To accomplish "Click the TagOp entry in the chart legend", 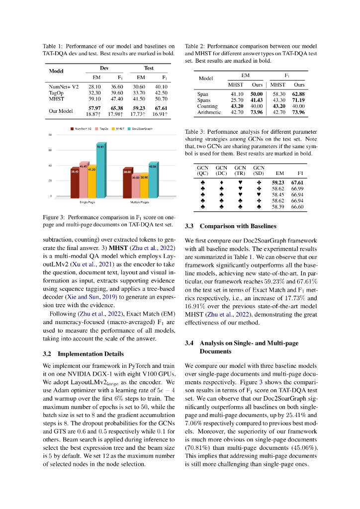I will coord(103,129).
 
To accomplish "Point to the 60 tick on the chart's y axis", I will coord(50,150).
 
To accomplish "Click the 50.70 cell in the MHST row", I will coord(161,99).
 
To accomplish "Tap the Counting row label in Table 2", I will coord(207,106).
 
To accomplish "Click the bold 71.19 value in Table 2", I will coord(298,100).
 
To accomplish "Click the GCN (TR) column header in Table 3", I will coord(240,170).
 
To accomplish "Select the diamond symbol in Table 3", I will coord(221,182).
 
